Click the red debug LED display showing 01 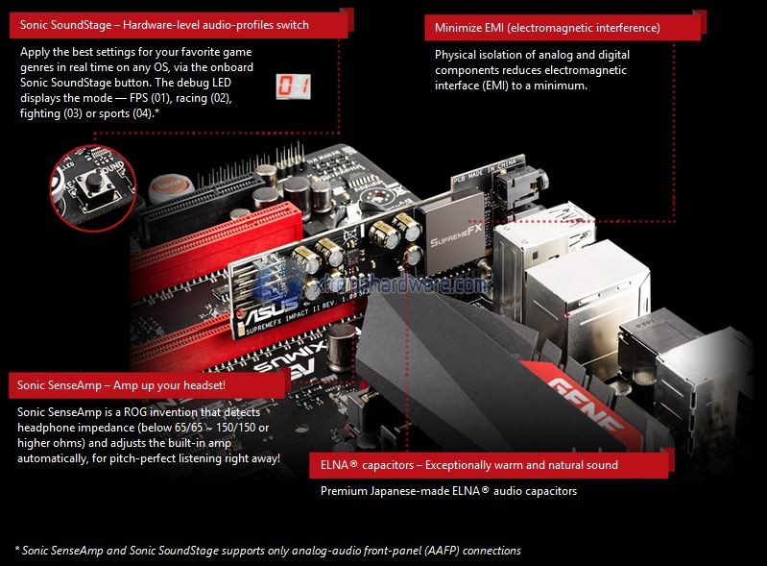293,86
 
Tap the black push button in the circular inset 94,184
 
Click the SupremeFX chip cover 453,234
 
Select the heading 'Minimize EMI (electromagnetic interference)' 547,28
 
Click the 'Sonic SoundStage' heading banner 179,25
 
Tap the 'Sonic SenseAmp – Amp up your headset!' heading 121,385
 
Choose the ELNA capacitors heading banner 489,465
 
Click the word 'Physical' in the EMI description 455,55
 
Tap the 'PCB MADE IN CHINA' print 484,170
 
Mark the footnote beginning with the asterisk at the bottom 268,551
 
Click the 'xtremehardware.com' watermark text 401,284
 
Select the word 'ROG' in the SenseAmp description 135,412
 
